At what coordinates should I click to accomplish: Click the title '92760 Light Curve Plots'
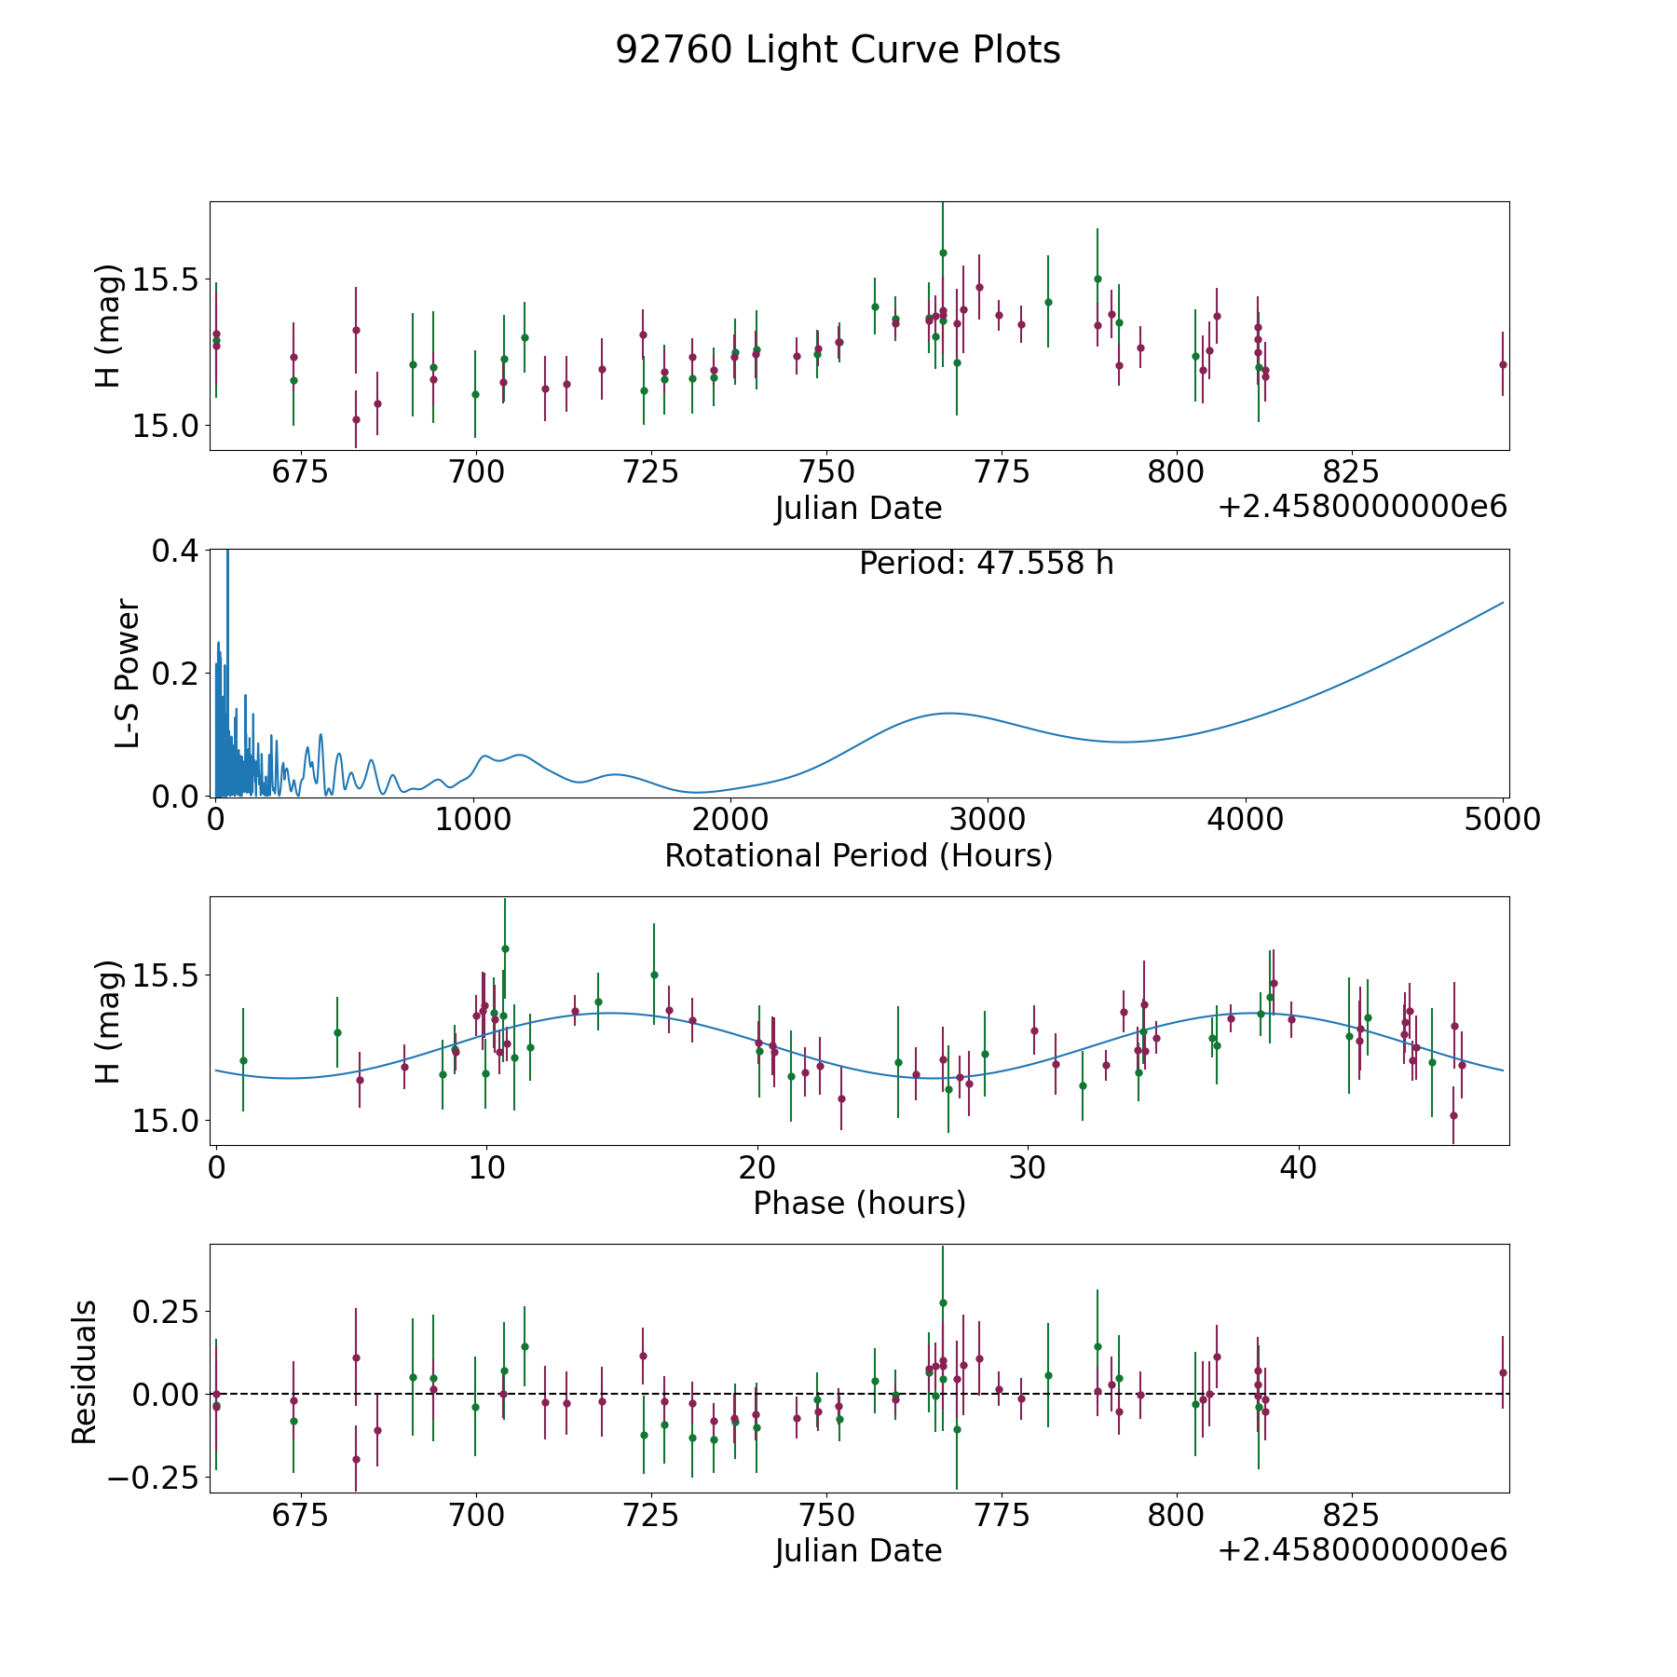pyautogui.click(x=838, y=50)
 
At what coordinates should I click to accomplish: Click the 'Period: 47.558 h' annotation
pyautogui.click(x=986, y=564)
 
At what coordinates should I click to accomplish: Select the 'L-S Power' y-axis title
pyautogui.click(x=129, y=673)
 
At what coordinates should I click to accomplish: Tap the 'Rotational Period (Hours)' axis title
pyautogui.click(x=858, y=855)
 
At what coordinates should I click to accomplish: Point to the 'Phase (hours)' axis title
pyautogui.click(x=859, y=1203)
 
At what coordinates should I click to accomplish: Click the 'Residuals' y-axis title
pyautogui.click(x=85, y=1371)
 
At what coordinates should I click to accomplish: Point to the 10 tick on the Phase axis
pyautogui.click(x=485, y=1167)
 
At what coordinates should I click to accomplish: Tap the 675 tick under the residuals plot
pyautogui.click(x=300, y=1516)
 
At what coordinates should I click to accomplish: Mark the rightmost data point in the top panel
pyautogui.click(x=1503, y=364)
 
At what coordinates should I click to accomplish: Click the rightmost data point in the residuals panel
pyautogui.click(x=1503, y=1372)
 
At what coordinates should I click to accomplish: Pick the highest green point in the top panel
pyautogui.click(x=943, y=252)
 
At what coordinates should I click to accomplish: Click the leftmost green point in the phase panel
pyautogui.click(x=243, y=1060)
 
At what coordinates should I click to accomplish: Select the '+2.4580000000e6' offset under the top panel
pyautogui.click(x=1362, y=508)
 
